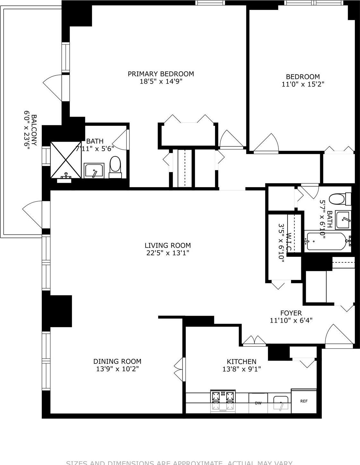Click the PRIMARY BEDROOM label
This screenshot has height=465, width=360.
(x=161, y=74)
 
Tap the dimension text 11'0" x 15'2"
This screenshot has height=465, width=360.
(x=303, y=84)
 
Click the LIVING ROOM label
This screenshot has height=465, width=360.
(x=167, y=245)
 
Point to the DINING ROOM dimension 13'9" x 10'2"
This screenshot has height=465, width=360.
(x=117, y=369)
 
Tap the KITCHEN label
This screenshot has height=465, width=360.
(x=241, y=362)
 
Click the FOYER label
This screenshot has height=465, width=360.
(x=291, y=313)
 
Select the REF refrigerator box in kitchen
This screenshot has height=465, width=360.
(x=304, y=401)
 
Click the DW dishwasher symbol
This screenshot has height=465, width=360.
(x=258, y=403)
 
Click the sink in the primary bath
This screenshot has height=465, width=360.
(x=94, y=170)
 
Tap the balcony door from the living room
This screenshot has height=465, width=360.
(x=33, y=214)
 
